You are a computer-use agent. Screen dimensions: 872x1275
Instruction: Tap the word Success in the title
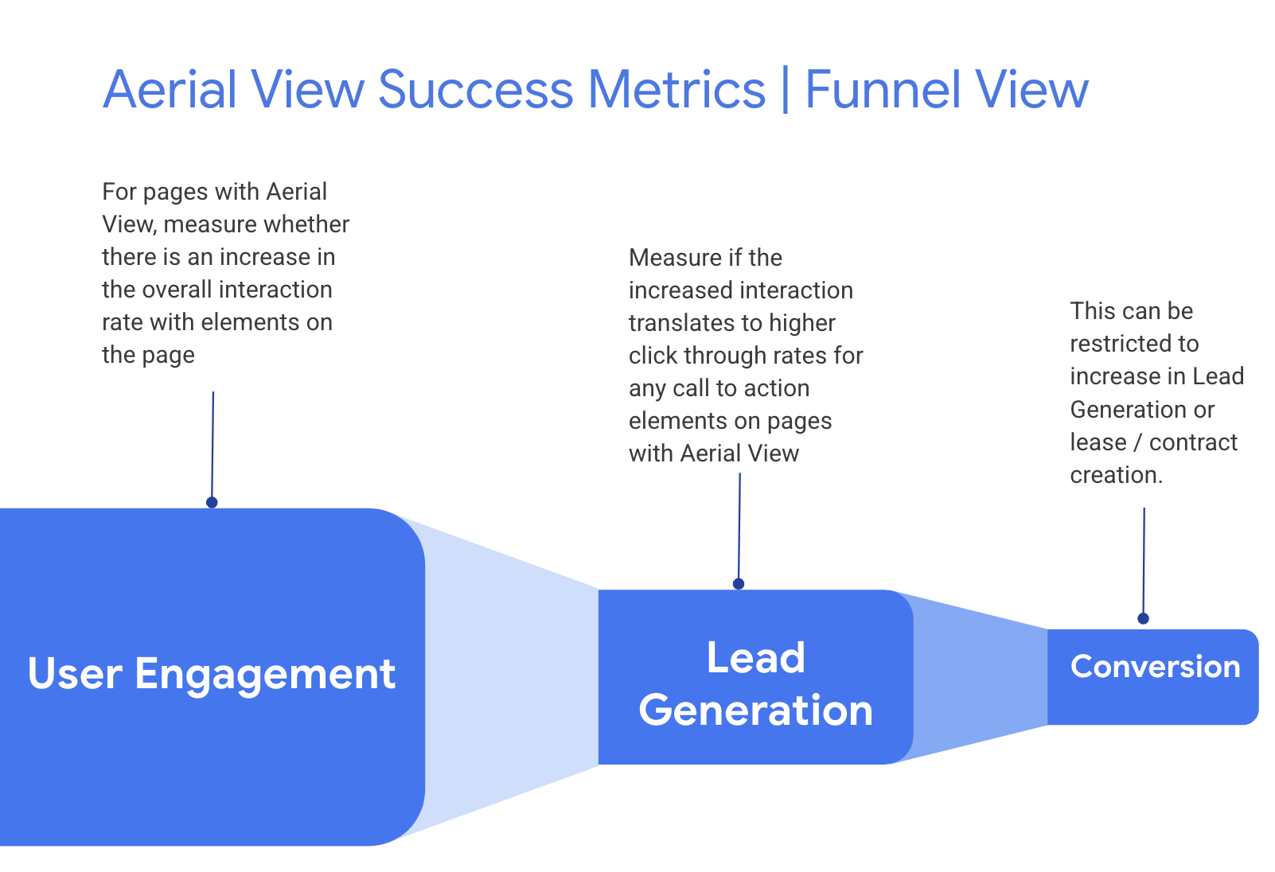(475, 89)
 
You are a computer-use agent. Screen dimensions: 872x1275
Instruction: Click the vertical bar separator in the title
(786, 89)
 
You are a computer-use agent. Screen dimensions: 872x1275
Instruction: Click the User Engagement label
(211, 674)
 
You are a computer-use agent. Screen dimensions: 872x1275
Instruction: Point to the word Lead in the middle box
(756, 658)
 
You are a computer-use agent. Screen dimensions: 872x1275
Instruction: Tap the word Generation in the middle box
(756, 710)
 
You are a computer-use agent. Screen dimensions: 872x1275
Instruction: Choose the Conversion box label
(1155, 667)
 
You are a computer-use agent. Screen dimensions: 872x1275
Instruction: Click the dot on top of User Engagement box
(212, 503)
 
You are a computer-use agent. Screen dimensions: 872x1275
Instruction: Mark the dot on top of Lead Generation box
(739, 584)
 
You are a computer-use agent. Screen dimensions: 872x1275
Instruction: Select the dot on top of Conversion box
(1143, 618)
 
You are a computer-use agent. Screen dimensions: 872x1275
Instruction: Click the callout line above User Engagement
(212, 446)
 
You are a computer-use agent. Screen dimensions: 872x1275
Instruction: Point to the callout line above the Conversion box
(1144, 561)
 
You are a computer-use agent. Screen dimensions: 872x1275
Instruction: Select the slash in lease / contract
(1137, 442)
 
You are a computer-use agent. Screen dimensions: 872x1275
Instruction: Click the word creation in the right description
(1116, 475)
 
